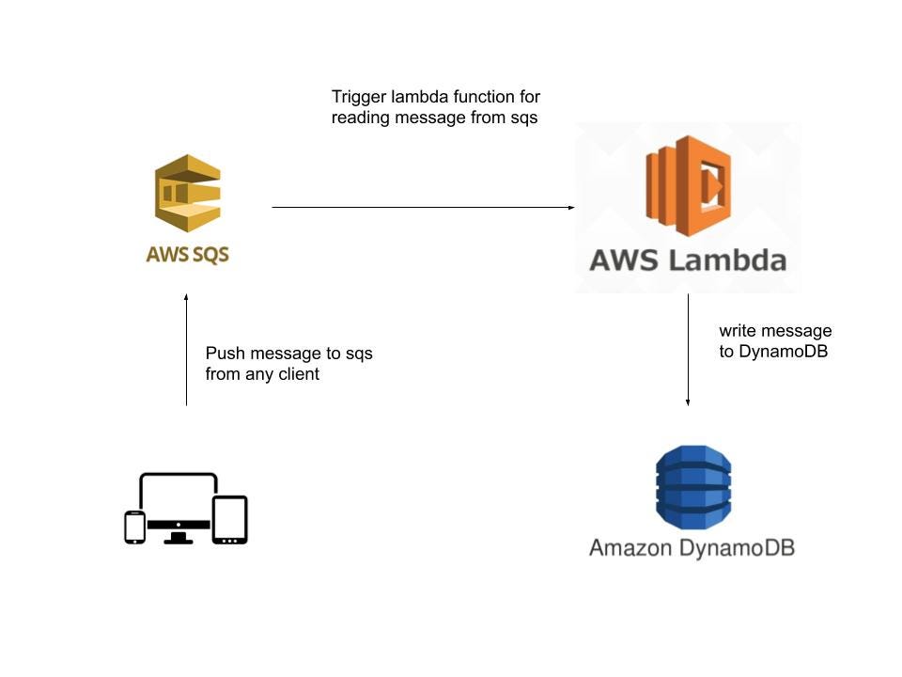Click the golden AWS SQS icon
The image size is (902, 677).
(187, 194)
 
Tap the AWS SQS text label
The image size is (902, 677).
(187, 254)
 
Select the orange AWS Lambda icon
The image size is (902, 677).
(689, 186)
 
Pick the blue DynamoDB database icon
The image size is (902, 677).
(692, 487)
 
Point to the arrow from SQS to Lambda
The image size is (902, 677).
(423, 207)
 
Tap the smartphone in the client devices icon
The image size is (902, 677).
(135, 527)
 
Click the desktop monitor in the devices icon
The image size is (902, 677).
(179, 503)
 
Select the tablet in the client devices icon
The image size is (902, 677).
(229, 519)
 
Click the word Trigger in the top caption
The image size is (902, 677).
(357, 98)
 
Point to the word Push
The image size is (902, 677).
(224, 354)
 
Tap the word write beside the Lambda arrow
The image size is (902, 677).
(738, 332)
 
